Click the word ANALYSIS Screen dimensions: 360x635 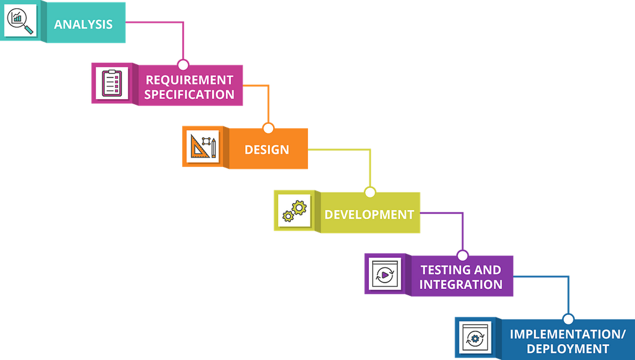pos(83,25)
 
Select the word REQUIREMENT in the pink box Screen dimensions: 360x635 pos(189,80)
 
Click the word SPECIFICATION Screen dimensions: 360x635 pos(189,95)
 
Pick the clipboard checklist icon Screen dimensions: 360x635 pos(111,83)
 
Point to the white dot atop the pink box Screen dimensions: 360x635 pos(183,65)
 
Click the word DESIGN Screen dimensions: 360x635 pos(267,150)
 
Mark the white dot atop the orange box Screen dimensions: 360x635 pos(268,128)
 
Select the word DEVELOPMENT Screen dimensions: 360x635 pos(369,215)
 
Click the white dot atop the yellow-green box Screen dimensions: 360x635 pos(370,192)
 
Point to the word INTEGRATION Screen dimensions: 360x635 pos(460,284)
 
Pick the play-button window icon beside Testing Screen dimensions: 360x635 pos(385,274)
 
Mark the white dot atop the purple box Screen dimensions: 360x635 pos(462,255)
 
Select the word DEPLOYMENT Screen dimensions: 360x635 pos(567,349)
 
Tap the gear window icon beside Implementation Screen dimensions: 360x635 pos(474,337)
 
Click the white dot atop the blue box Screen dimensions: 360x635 pos(568,319)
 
